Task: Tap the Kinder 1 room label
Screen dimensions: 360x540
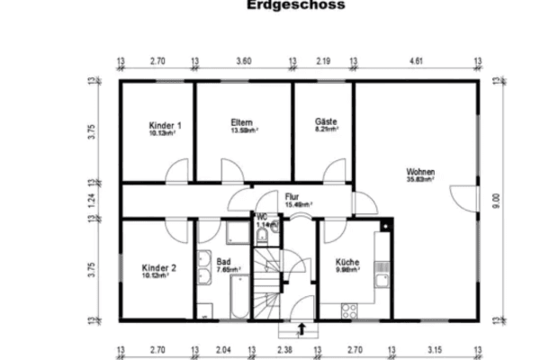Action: (x=165, y=125)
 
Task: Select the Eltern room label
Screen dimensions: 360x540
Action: (x=241, y=122)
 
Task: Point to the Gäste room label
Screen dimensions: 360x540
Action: (x=325, y=121)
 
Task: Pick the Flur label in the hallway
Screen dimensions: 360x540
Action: (x=292, y=196)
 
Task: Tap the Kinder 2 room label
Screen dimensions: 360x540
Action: (x=158, y=267)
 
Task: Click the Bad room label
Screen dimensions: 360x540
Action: (x=223, y=262)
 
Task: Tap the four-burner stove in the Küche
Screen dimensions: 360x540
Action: (x=349, y=310)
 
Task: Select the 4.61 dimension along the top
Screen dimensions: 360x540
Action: (x=415, y=61)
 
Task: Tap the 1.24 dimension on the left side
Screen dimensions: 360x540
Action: (x=91, y=201)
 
